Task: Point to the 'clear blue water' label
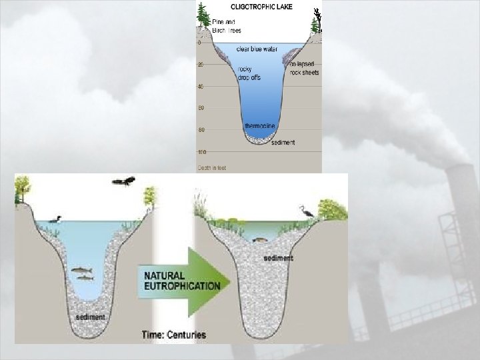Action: point(257,49)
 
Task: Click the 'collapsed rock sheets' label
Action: point(304,67)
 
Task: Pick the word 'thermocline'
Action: point(260,126)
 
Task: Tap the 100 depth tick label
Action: point(201,152)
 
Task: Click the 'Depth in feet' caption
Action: point(212,167)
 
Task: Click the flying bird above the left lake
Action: point(123,181)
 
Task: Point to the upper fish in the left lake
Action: point(81,269)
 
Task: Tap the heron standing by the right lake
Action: point(307,211)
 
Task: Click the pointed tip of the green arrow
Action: point(229,281)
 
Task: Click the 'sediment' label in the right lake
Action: point(278,257)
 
